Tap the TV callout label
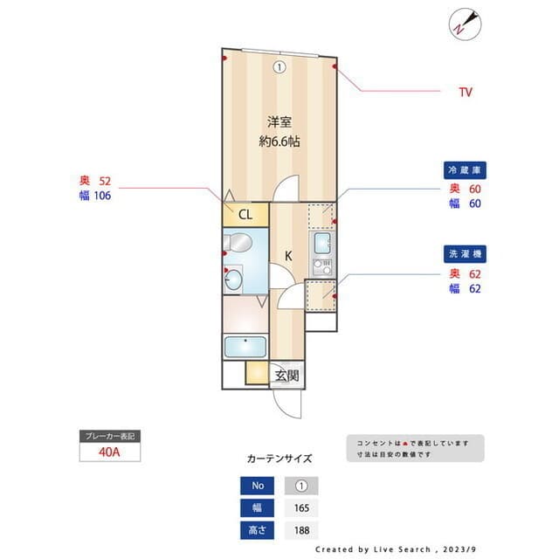(x=466, y=92)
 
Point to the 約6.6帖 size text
(x=279, y=141)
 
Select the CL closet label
(x=245, y=215)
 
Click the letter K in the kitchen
(x=288, y=255)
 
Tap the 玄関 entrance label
(x=287, y=376)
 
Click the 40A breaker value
(x=108, y=452)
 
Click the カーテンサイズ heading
(x=279, y=458)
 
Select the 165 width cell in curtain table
(x=301, y=507)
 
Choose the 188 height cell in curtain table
(x=301, y=530)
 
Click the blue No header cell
(x=258, y=486)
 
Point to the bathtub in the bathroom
(x=245, y=346)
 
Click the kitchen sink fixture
(x=321, y=243)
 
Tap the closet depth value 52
(x=106, y=181)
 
